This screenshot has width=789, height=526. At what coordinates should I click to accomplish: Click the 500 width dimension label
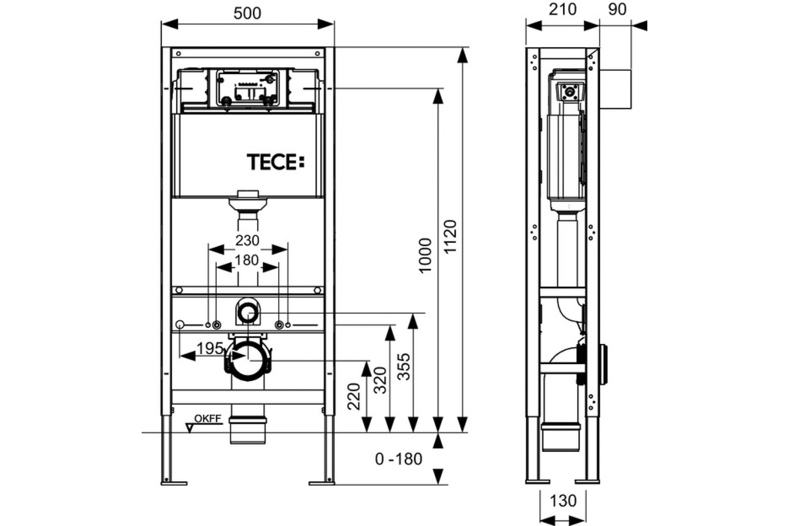point(247,13)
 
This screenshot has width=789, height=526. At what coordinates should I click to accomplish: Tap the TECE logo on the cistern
point(276,162)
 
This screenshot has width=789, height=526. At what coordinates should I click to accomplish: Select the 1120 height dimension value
point(450,236)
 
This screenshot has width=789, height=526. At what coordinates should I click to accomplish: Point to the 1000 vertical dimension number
point(425,256)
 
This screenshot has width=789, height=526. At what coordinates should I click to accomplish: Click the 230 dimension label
point(247,240)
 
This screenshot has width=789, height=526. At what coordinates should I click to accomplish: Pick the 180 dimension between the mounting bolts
point(247,260)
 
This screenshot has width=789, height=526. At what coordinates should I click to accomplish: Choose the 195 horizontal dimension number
point(210,348)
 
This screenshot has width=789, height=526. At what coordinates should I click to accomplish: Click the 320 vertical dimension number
point(380,380)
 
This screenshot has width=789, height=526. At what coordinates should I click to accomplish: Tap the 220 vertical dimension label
point(354,396)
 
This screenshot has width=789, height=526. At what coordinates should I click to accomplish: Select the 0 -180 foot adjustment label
point(398,459)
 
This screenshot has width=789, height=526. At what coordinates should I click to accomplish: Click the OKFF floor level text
point(208,418)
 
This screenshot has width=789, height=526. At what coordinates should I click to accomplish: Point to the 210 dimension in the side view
point(562,10)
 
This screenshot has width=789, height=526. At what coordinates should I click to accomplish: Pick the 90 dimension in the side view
point(617,10)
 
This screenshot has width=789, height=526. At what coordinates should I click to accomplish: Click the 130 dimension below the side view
point(563,501)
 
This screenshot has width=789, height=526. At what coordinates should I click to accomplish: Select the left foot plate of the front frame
point(174,483)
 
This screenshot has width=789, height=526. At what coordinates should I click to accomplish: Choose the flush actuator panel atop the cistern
point(248,88)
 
